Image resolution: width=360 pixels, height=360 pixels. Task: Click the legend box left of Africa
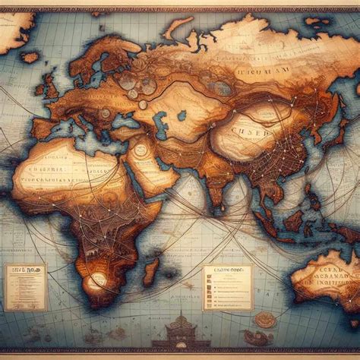click(x=25, y=284)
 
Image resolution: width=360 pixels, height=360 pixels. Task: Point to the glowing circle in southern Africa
click(x=97, y=283)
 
